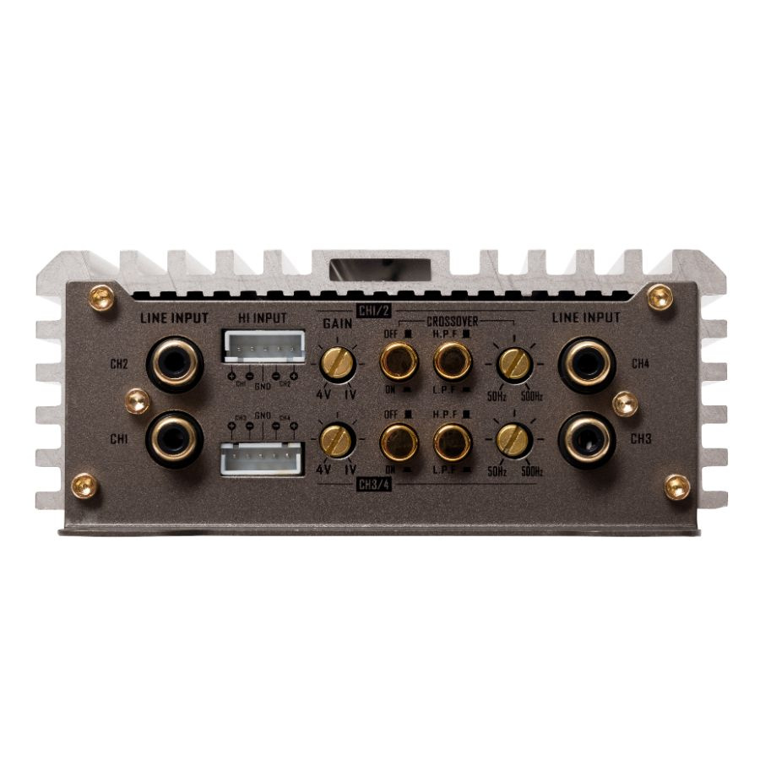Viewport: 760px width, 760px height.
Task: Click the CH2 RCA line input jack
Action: tap(174, 365)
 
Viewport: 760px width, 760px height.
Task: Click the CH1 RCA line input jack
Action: tap(174, 439)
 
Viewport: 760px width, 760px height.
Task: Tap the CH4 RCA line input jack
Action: tap(586, 365)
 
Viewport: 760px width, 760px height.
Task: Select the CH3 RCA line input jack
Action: tap(586, 439)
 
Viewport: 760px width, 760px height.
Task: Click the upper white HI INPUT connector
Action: tap(263, 346)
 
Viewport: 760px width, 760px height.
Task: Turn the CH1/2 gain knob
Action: tap(338, 365)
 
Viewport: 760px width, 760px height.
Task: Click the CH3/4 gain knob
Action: tap(338, 440)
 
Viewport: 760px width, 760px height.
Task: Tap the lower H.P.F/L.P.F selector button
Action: tap(453, 440)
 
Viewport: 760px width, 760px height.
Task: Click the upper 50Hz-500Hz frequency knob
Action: tap(513, 364)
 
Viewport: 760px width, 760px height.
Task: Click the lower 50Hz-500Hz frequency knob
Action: tap(513, 439)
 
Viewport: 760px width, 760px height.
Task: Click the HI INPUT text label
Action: tap(262, 318)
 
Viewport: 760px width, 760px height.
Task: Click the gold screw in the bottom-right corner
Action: tap(676, 486)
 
